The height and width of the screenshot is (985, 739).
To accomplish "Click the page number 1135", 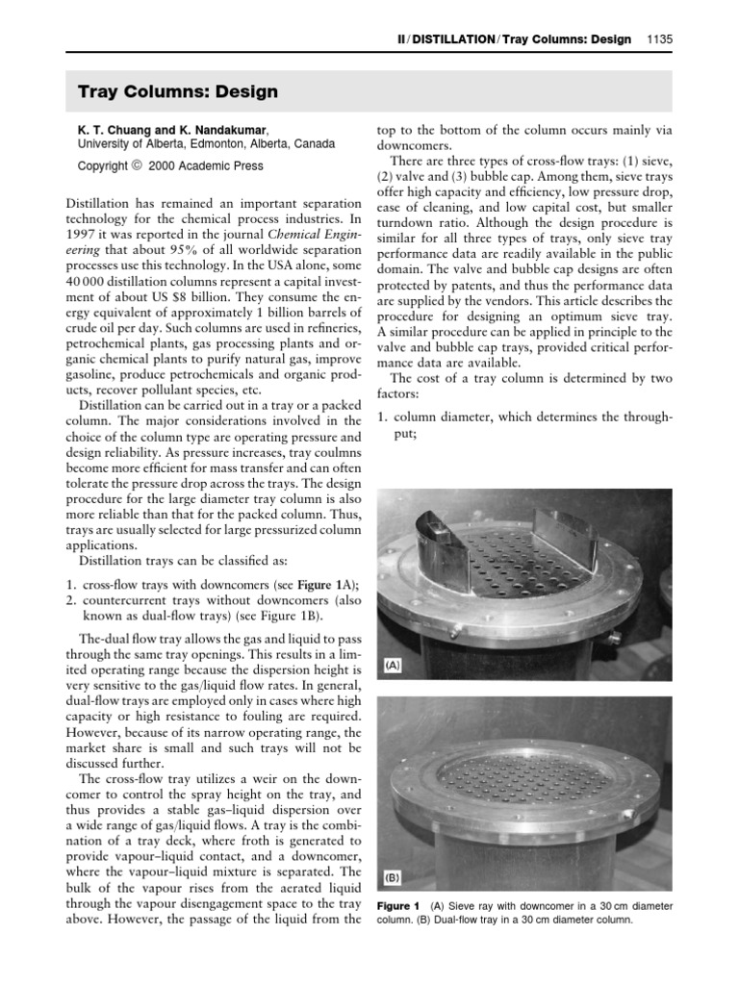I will (x=668, y=39).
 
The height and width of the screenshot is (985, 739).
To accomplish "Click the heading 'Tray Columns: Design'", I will (x=178, y=92).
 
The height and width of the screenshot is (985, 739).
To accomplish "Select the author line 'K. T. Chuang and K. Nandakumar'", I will (x=173, y=128).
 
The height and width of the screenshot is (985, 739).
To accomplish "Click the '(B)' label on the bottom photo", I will (x=392, y=878).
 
